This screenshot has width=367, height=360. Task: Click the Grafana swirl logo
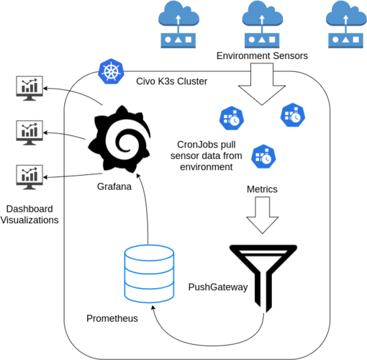pos(119,139)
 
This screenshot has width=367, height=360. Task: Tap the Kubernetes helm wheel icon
pos(111,71)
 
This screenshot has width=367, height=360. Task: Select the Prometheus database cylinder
pos(149,274)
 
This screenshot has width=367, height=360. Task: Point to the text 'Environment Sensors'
pos(262,55)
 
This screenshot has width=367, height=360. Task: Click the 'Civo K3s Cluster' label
pos(171,81)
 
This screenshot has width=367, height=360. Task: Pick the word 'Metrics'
pos(262,189)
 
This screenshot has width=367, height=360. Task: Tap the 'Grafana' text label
pos(114,186)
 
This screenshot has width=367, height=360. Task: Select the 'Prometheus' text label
pos(112,318)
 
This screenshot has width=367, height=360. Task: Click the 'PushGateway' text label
pos(218,287)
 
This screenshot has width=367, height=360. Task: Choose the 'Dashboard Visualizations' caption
pos(30,215)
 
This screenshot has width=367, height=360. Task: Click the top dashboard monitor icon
pos(30,89)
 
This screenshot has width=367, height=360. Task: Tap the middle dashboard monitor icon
pos(30,132)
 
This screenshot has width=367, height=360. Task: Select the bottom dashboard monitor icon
pos(30,177)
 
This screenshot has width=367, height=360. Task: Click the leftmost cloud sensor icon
pos(178,24)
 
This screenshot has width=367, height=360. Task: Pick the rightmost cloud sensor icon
pos(346,24)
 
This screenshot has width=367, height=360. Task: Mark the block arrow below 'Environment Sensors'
pos(262,84)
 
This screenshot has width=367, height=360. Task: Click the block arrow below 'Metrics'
pos(262,215)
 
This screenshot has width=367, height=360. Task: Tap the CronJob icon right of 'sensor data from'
pos(263,156)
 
